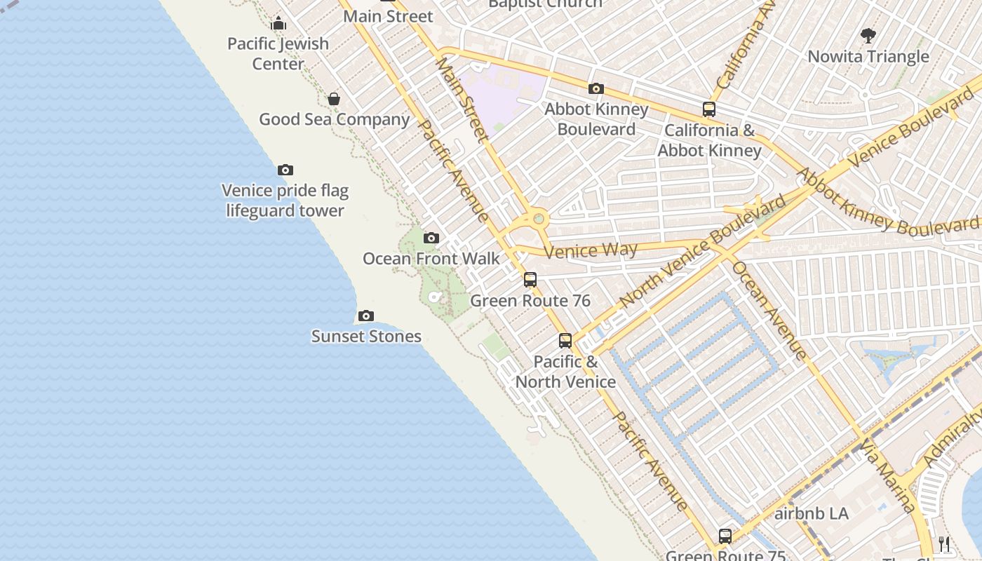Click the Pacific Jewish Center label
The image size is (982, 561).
click(x=278, y=53)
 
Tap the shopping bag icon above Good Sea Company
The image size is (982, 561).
click(x=334, y=99)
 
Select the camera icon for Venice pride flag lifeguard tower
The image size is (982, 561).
click(x=285, y=170)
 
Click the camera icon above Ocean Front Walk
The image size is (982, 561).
click(x=431, y=238)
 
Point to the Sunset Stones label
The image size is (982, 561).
click(x=366, y=337)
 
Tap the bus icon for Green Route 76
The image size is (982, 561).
click(x=530, y=280)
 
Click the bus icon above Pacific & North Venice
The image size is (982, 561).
click(x=565, y=341)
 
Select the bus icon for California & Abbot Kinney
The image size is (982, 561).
click(x=709, y=109)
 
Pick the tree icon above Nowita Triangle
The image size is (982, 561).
click(x=868, y=35)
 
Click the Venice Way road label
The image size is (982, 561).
click(x=591, y=250)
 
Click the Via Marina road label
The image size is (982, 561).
click(x=888, y=477)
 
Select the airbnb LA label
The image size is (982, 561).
click(x=812, y=513)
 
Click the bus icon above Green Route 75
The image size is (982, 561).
click(x=725, y=536)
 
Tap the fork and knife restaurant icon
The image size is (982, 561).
click(x=944, y=544)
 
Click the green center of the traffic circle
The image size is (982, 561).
click(x=539, y=219)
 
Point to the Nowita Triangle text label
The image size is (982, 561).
click(x=868, y=57)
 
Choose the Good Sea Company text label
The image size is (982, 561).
click(x=334, y=119)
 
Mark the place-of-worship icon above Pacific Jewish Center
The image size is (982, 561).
click(x=278, y=23)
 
